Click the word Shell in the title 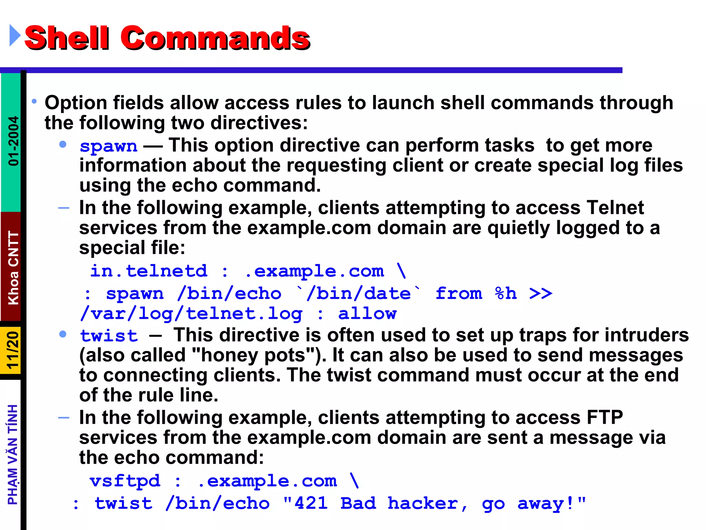(x=67, y=38)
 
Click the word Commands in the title (x=215, y=38)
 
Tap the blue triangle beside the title (x=14, y=35)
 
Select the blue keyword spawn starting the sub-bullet (x=108, y=146)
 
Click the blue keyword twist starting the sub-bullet (x=109, y=336)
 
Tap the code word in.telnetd (x=149, y=271)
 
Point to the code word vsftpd (x=125, y=481)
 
